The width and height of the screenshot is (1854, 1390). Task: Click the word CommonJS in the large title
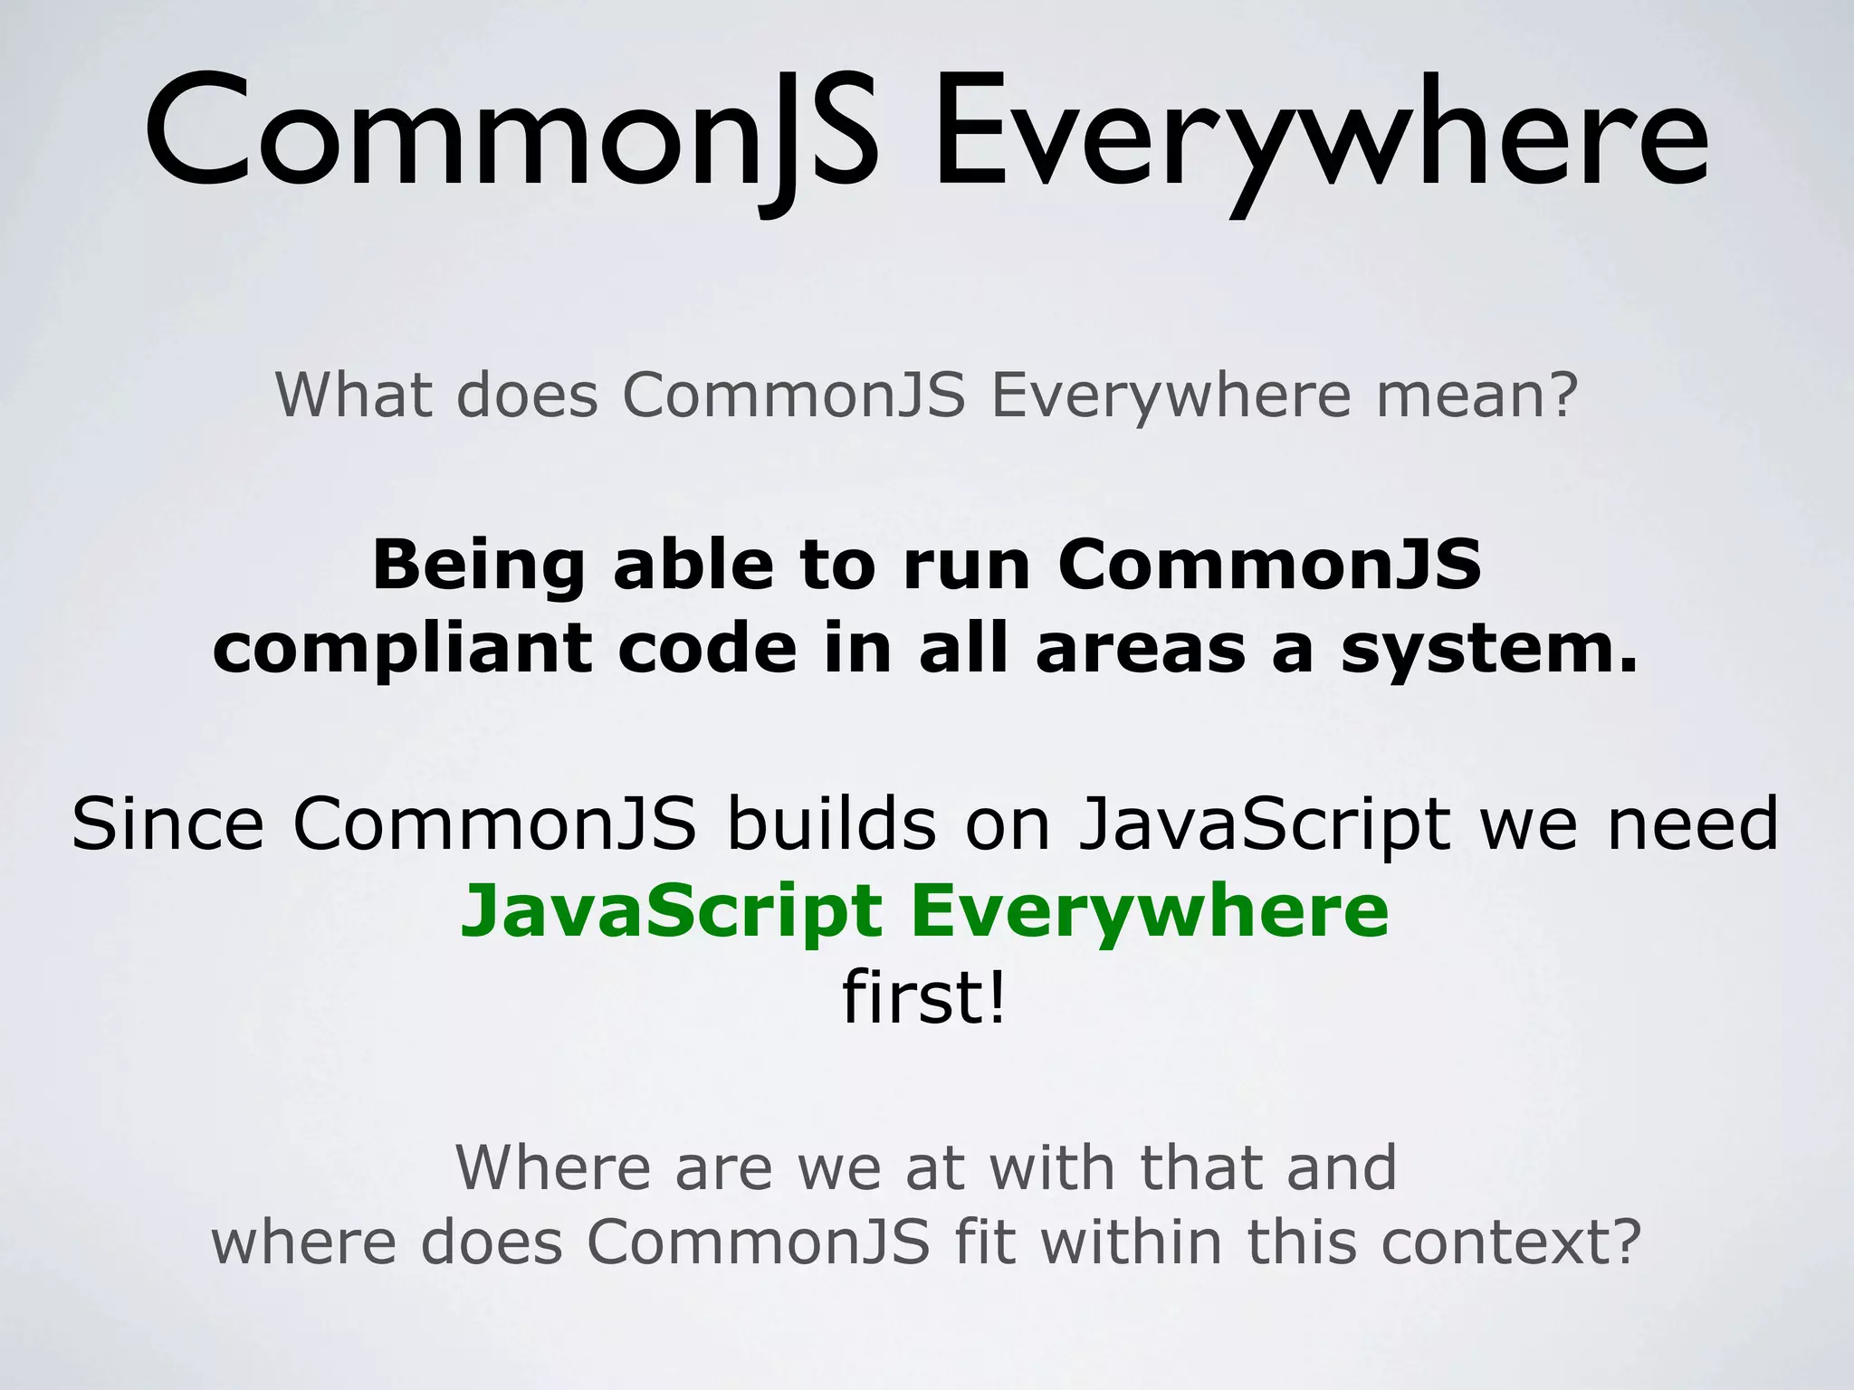511,136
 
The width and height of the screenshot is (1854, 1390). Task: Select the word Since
167,824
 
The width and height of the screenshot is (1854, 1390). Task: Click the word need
1694,824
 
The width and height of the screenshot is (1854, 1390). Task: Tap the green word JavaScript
671,912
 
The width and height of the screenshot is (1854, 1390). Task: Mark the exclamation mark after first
996,997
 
